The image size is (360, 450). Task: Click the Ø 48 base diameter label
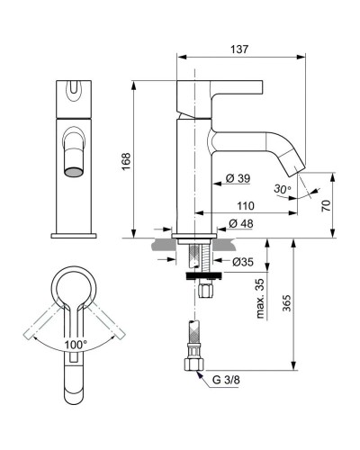pos(240,222)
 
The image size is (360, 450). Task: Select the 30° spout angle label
pos(283,190)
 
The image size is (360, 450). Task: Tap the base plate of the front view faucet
pos(73,235)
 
